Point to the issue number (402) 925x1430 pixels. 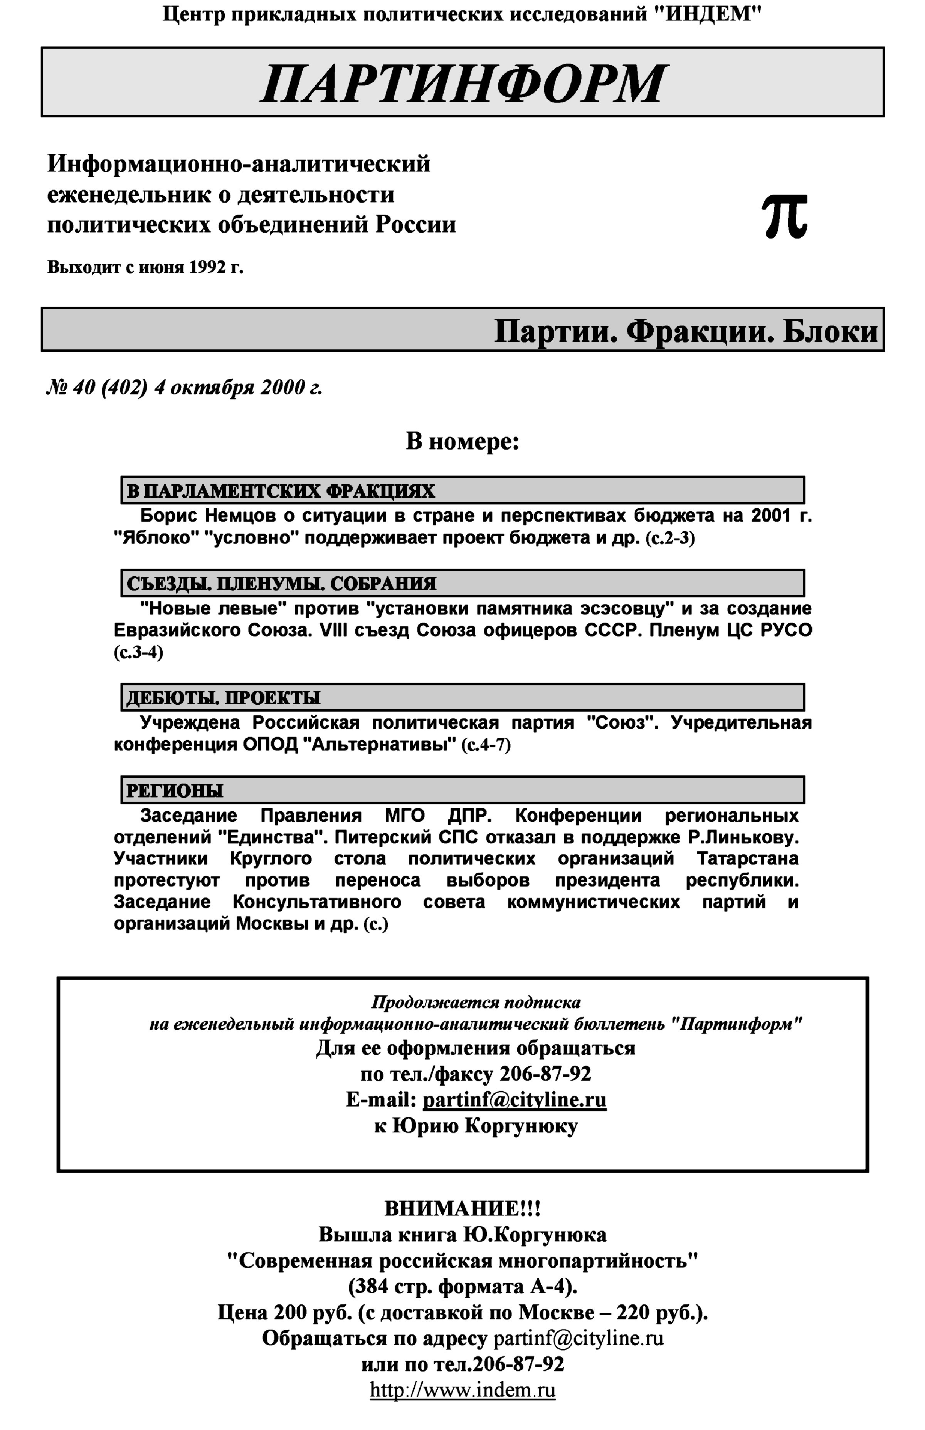tap(124, 388)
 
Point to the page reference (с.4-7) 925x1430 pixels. tap(485, 745)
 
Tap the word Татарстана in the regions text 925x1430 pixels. tap(748, 858)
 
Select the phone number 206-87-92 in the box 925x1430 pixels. tap(545, 1073)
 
